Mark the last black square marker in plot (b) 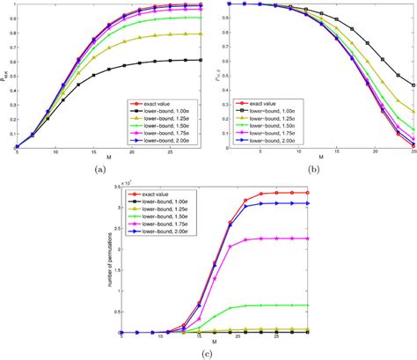413,85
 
